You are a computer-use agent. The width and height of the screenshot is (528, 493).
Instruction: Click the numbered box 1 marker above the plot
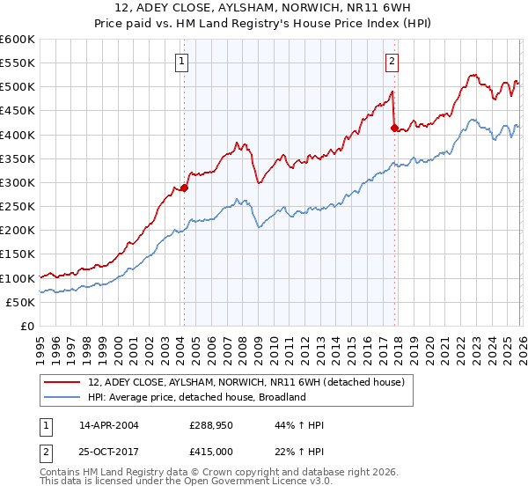click(x=181, y=62)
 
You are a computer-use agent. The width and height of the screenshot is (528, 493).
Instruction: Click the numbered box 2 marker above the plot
click(x=392, y=62)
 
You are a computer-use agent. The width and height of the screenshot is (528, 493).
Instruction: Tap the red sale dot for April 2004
click(x=184, y=188)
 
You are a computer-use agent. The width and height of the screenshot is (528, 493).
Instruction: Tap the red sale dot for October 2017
click(x=393, y=128)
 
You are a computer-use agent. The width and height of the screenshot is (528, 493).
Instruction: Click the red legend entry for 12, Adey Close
click(x=246, y=382)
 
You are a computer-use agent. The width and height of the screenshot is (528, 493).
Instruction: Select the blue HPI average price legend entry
click(x=196, y=397)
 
